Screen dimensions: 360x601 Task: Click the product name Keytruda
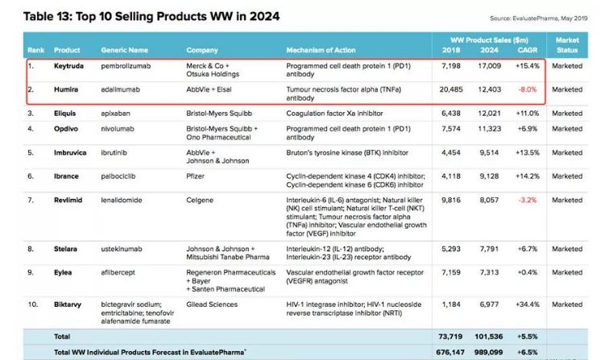click(68, 66)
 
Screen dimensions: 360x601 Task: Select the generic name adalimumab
click(121, 91)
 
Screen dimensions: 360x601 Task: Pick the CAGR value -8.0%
click(526, 91)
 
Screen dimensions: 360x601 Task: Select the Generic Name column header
click(124, 50)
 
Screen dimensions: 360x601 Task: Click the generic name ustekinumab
click(124, 248)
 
